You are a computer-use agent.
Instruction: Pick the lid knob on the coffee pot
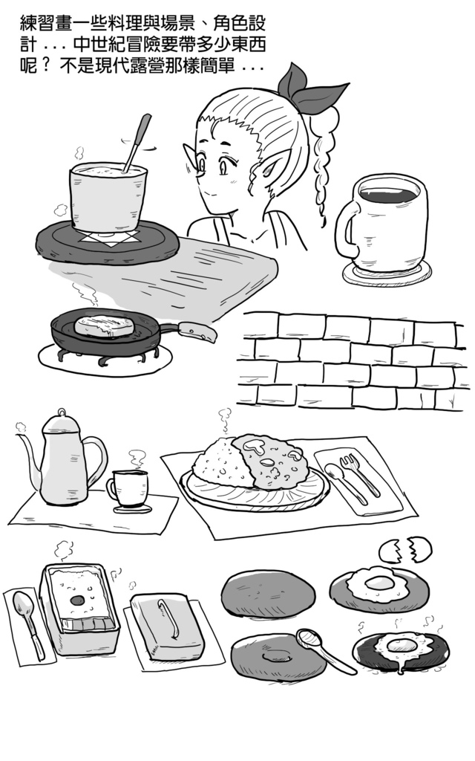pyautogui.click(x=62, y=412)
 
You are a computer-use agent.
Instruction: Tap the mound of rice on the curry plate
pyautogui.click(x=220, y=462)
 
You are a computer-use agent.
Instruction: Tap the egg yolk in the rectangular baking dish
pyautogui.click(x=76, y=600)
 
